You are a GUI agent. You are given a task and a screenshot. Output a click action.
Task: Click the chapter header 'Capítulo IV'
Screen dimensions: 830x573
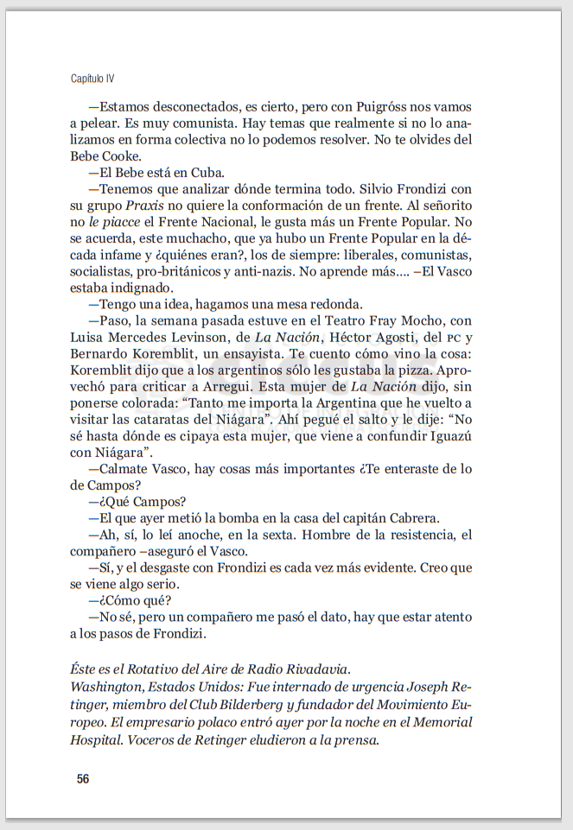click(x=92, y=79)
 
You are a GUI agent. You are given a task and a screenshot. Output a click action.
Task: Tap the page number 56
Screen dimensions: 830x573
click(x=83, y=779)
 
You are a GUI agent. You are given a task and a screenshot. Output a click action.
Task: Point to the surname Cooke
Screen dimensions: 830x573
click(x=120, y=156)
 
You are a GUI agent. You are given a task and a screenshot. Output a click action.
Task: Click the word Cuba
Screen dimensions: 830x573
click(x=207, y=173)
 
